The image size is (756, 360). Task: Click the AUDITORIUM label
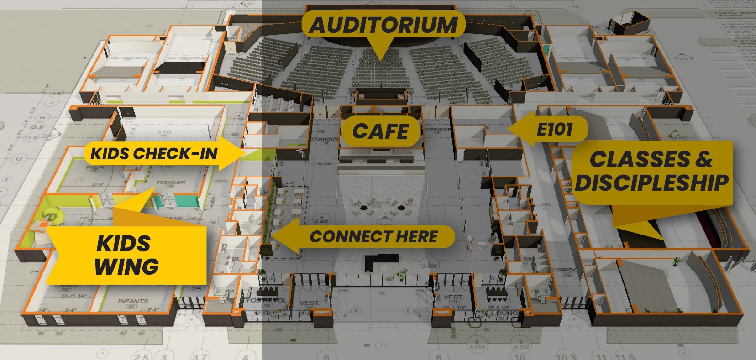coord(383,25)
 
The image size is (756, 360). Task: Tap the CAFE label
coord(380,131)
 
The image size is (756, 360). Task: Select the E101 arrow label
coord(554,129)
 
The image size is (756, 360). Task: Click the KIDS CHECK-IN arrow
coord(154,154)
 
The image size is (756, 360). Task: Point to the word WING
coord(126,266)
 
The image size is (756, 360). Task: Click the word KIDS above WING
coord(124,243)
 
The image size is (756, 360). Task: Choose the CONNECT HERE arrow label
coord(373,236)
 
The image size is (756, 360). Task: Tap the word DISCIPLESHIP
coord(652,183)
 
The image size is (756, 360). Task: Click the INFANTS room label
coord(133,301)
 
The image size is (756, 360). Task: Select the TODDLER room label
coord(171,182)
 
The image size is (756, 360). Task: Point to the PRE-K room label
coord(95,168)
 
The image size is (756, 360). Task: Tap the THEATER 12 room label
coord(630,58)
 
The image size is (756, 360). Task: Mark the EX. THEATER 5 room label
coord(129,58)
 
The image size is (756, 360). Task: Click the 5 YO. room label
coord(164,133)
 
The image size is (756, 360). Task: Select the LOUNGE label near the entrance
coord(503,313)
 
